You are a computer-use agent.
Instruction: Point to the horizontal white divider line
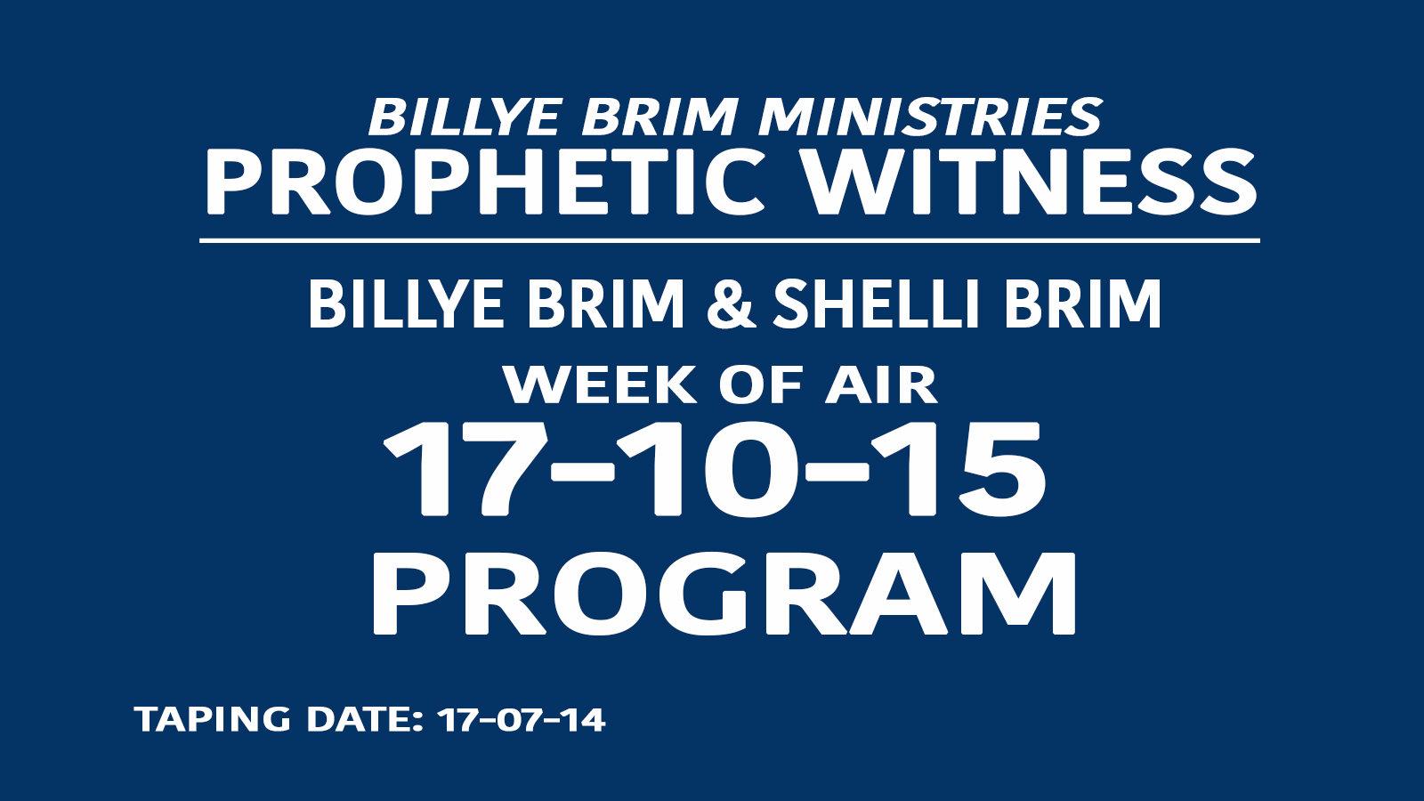click(x=730, y=241)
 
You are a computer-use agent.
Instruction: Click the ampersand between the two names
click(x=731, y=304)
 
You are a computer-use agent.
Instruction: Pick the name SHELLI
click(x=880, y=304)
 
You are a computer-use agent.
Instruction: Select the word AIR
click(x=881, y=384)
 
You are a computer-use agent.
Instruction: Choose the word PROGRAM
click(x=724, y=594)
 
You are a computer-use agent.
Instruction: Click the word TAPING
click(x=213, y=720)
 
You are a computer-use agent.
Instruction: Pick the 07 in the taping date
click(x=517, y=720)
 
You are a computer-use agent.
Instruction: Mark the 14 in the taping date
click(x=582, y=720)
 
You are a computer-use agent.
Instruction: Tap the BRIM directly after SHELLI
click(x=1082, y=304)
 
